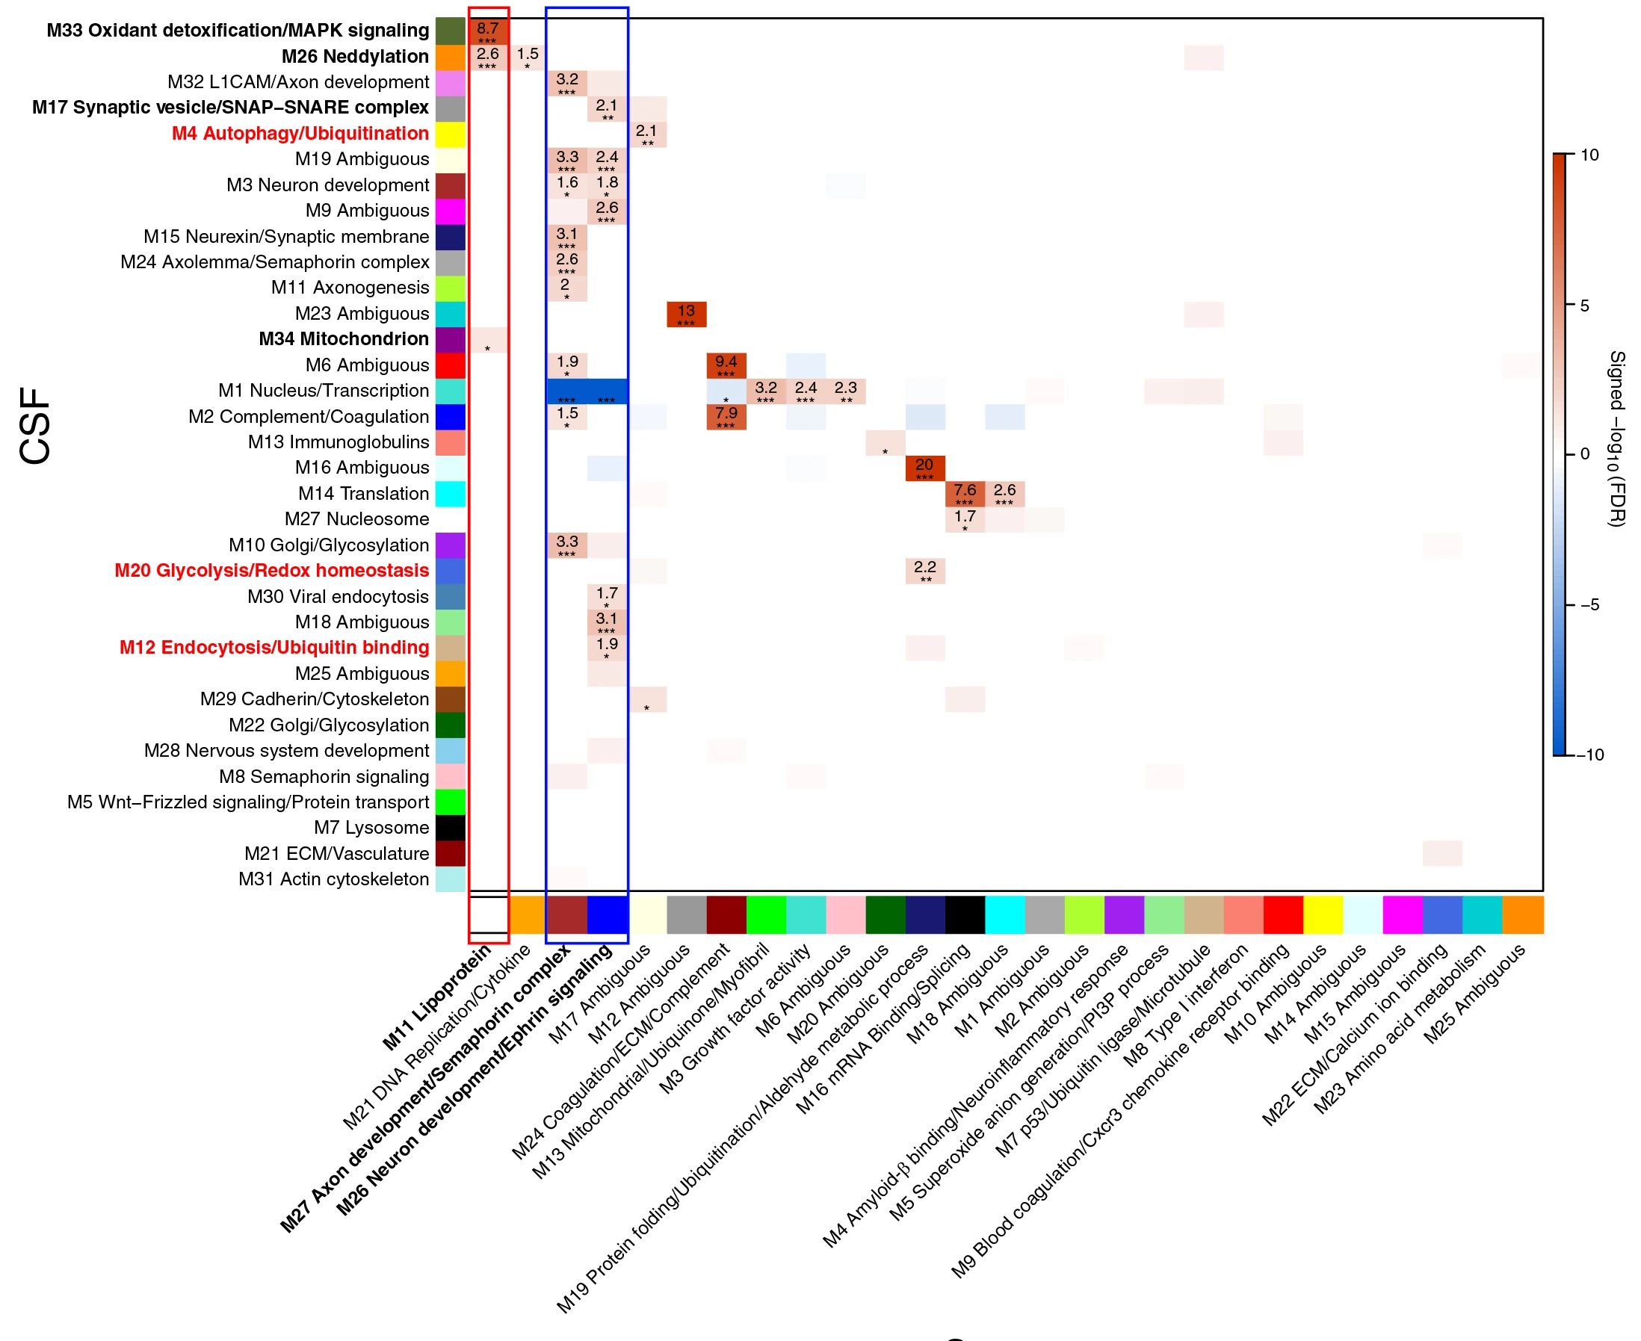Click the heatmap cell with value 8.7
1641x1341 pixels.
(488, 31)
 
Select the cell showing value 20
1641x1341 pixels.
(925, 468)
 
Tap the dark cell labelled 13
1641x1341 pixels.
(686, 315)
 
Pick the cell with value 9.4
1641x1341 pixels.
(726, 365)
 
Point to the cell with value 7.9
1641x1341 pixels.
(726, 416)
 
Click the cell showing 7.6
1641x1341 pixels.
(965, 494)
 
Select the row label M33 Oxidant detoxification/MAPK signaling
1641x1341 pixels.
(237, 31)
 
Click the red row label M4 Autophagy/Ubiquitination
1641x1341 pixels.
(300, 134)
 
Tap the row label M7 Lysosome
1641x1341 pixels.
(371, 828)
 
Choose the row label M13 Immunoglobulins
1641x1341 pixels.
(338, 442)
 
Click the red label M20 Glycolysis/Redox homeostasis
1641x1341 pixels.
(271, 571)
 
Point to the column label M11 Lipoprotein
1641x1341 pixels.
(439, 997)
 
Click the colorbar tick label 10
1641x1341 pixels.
(1589, 155)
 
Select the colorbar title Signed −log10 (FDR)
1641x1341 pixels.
(1616, 439)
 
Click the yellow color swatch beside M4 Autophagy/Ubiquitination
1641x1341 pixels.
(451, 134)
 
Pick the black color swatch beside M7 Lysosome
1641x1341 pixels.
(451, 828)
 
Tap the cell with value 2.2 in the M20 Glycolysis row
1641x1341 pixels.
(925, 571)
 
